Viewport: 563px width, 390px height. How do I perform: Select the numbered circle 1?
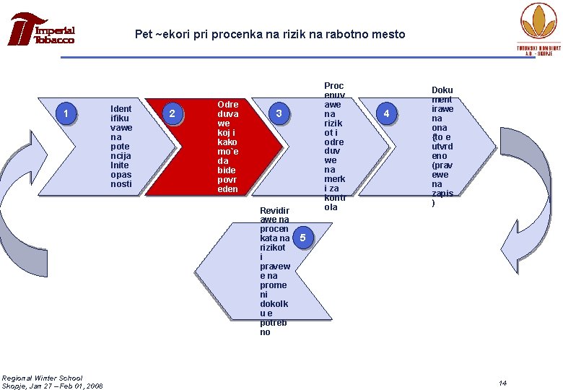point(66,113)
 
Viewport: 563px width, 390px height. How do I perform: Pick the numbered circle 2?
point(172,113)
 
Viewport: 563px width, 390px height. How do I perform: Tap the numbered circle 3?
point(279,113)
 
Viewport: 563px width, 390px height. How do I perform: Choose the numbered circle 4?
point(387,113)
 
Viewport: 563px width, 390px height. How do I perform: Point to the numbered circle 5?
point(304,237)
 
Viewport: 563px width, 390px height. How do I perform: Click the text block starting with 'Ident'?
point(121,147)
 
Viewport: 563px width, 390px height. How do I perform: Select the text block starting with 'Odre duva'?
point(228,147)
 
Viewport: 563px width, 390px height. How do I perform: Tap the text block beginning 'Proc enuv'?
point(334,147)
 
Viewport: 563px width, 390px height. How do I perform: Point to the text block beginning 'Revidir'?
point(274,271)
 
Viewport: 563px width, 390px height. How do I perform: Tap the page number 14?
point(502,383)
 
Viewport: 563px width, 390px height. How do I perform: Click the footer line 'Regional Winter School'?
point(42,378)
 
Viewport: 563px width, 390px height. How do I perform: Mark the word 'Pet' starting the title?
point(144,34)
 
